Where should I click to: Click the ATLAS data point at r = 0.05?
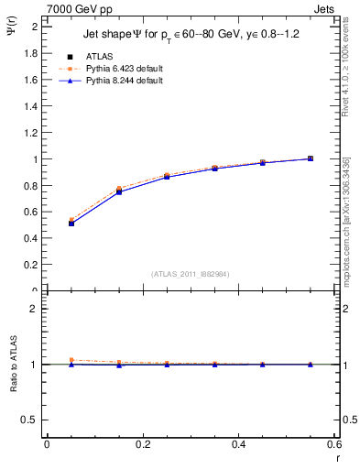pos(71,223)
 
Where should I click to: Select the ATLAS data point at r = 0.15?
pos(119,191)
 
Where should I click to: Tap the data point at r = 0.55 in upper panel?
pos(311,158)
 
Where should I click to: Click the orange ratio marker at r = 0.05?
pos(71,360)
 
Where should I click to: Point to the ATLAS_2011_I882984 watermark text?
pos(190,274)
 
